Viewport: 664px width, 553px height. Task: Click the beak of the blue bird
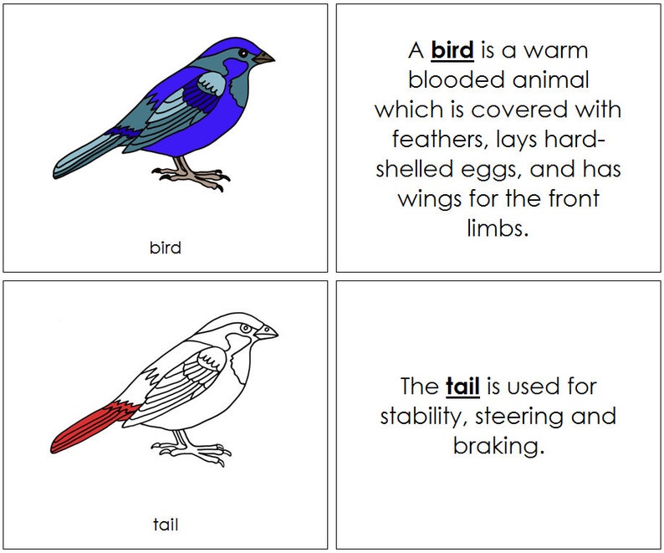pos(265,59)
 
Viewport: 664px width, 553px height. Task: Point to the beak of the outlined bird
pos(268,332)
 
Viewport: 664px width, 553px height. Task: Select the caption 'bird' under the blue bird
pos(165,248)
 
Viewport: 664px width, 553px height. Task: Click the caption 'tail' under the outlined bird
pos(165,525)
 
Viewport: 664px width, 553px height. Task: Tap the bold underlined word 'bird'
pos(452,50)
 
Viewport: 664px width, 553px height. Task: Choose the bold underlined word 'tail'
pos(462,387)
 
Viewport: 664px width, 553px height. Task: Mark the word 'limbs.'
pos(498,228)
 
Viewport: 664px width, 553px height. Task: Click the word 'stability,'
pos(428,417)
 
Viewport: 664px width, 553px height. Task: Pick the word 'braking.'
pos(498,446)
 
